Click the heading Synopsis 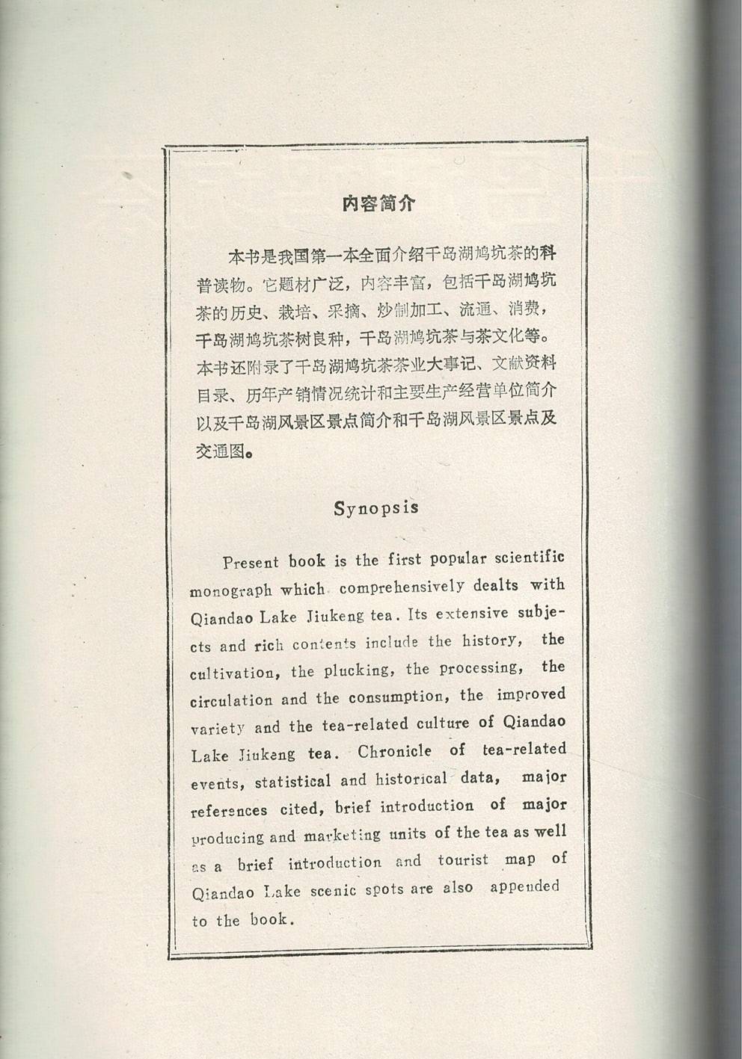pyautogui.click(x=376, y=508)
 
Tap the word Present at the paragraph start pyautogui.click(x=251, y=563)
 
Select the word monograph pyautogui.click(x=230, y=590)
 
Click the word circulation pyautogui.click(x=231, y=701)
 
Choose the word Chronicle pyautogui.click(x=394, y=752)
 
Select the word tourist pyautogui.click(x=463, y=860)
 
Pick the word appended pyautogui.click(x=524, y=887)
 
